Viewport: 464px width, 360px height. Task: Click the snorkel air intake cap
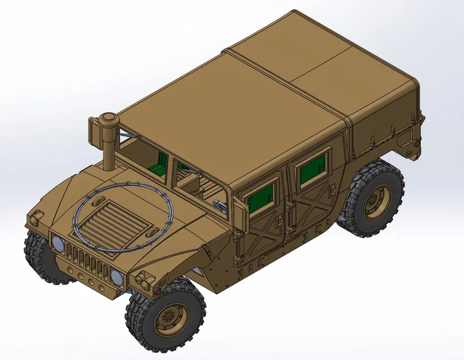point(108,119)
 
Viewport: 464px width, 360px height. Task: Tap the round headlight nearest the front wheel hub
point(117,277)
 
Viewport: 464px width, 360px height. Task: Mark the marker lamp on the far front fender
point(36,218)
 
